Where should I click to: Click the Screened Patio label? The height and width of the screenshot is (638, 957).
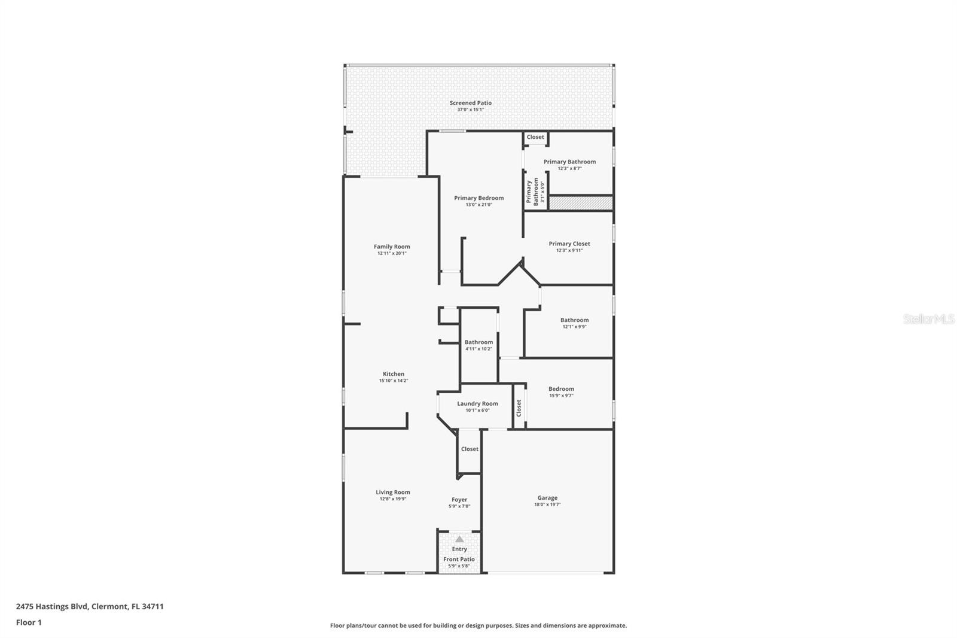pos(471,103)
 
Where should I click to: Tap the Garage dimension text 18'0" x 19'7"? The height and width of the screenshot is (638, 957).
pos(547,505)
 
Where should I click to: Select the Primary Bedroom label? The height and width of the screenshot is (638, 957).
pos(478,198)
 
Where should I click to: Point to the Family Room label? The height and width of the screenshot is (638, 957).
pos(392,247)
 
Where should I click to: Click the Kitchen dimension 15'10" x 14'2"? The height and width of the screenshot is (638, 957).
pos(394,381)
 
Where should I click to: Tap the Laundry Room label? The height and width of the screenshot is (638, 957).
pos(477,403)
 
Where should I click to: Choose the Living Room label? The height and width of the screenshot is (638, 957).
pos(393,492)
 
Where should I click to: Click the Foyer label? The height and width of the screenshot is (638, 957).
pos(459,499)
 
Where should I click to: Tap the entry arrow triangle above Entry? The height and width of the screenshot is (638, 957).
pos(459,539)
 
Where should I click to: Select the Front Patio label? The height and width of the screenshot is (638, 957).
pos(459,559)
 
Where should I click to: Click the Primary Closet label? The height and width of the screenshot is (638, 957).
pos(569,244)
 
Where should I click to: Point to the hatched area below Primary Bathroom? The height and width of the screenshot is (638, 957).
pos(581,203)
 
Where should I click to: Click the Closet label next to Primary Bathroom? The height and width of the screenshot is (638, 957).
pos(535,137)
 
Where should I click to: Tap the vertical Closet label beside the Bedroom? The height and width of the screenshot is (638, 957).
pos(519,408)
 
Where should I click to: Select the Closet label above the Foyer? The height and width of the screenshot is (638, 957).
pos(470,449)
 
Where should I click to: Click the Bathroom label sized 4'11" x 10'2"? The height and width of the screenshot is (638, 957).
pos(478,342)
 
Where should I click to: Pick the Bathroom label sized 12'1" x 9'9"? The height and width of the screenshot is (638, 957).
pos(574,320)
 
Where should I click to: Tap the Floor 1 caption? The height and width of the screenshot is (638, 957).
pos(29,622)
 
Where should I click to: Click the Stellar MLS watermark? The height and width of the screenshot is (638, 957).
pos(928,319)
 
